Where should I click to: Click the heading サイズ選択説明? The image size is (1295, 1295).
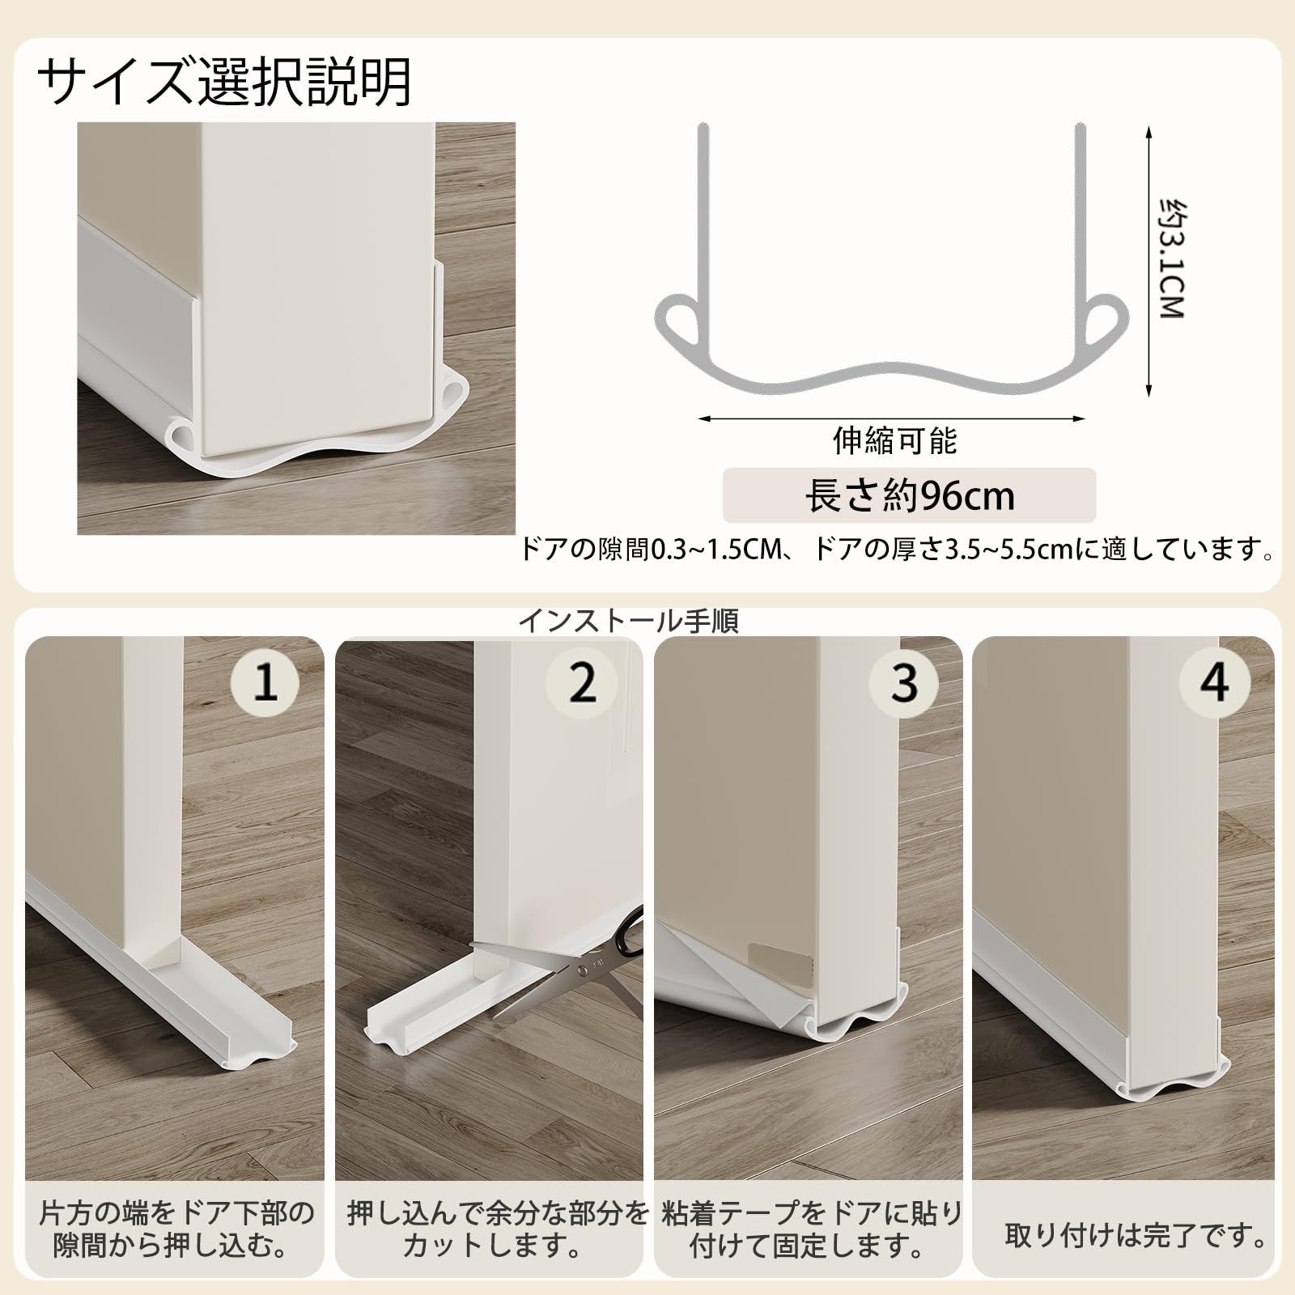click(x=224, y=82)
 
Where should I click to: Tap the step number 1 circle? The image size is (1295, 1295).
click(x=266, y=682)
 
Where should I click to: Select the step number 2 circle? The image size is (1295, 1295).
click(x=582, y=682)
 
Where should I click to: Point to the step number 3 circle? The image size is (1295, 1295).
click(x=904, y=682)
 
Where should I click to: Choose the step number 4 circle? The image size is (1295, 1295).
click(x=1214, y=682)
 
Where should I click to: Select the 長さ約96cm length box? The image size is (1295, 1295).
click(x=909, y=495)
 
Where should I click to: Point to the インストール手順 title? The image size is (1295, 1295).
click(x=628, y=621)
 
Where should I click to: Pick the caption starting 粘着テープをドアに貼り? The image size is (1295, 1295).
click(x=812, y=1229)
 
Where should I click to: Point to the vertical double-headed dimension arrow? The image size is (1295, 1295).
click(x=1149, y=261)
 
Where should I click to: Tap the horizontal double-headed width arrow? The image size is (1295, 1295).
click(x=891, y=418)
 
